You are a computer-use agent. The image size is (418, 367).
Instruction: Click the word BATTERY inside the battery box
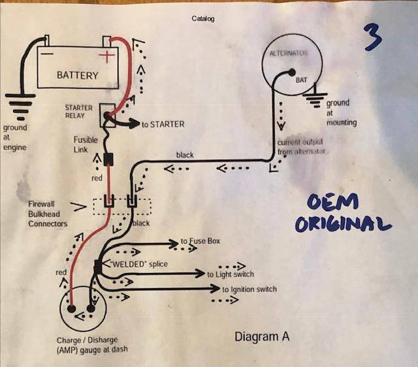tap(77, 75)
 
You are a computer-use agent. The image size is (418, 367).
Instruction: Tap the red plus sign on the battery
tap(105, 57)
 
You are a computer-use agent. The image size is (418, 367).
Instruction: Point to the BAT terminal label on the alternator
tap(301, 80)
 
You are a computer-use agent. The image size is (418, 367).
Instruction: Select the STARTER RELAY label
tap(79, 111)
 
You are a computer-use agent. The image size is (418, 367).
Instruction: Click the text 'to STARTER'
tap(163, 124)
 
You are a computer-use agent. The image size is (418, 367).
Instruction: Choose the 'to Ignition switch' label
tap(249, 289)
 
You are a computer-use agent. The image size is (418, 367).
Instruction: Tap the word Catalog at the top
tap(203, 19)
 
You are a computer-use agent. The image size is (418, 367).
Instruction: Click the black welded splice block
tap(97, 266)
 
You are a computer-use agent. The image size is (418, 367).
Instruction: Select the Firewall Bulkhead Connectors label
tap(47, 213)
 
